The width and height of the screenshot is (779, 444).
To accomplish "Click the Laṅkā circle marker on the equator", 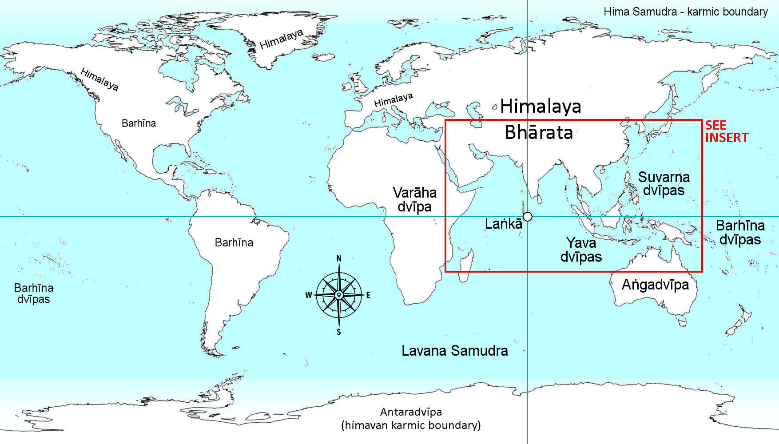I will tap(527, 217).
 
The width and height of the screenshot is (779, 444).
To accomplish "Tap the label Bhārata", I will tap(539, 132).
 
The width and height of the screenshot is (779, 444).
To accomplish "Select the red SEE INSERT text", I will tap(726, 131).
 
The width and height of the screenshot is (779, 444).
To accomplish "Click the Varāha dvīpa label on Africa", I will tap(414, 199).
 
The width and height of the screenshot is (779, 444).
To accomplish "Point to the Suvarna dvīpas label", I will tap(664, 183).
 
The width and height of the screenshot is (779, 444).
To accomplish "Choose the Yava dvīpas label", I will tap(581, 250).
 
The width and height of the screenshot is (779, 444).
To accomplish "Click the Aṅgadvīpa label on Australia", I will tap(655, 285).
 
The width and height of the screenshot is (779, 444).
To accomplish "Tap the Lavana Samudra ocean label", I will tap(454, 351).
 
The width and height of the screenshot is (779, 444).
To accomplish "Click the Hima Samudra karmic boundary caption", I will tap(685, 12).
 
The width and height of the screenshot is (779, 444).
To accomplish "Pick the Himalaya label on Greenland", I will tap(281, 39).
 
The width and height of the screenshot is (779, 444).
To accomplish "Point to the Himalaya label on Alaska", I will tap(99, 79).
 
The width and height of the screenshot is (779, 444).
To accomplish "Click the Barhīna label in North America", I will tap(139, 123).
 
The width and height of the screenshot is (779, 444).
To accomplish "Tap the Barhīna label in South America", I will tap(234, 242).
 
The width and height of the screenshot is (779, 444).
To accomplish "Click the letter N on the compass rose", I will tap(339, 259).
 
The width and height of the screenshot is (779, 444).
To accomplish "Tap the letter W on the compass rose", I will tap(309, 295).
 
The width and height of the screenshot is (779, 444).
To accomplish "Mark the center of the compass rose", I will tap(339, 295).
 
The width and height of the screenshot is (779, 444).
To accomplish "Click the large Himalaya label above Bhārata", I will tap(541, 107).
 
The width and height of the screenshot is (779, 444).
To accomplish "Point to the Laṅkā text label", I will tap(503, 224).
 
